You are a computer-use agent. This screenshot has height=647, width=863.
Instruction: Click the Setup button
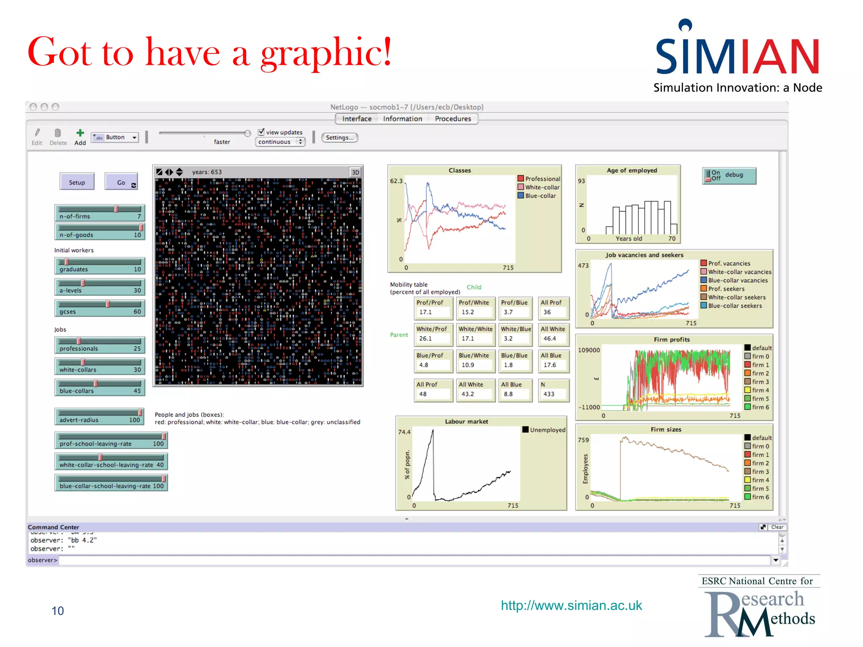coord(77,182)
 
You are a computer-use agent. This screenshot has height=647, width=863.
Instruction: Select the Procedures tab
coord(453,119)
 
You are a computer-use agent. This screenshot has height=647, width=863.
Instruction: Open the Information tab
coord(402,119)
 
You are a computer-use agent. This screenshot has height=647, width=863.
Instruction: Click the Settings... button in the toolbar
coord(339,137)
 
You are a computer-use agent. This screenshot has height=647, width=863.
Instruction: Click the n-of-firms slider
coord(99,213)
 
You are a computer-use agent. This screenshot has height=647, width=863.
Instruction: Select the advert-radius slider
coord(99,416)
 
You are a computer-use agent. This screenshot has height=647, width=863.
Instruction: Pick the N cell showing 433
coord(553,390)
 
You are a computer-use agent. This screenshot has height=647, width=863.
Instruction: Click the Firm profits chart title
coord(672,340)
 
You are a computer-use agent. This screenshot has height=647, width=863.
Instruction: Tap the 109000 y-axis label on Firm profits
coord(589,350)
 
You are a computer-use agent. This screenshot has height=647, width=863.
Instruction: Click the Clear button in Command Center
coord(777,527)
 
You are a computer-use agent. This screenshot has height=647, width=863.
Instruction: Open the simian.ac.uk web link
coord(571,605)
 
